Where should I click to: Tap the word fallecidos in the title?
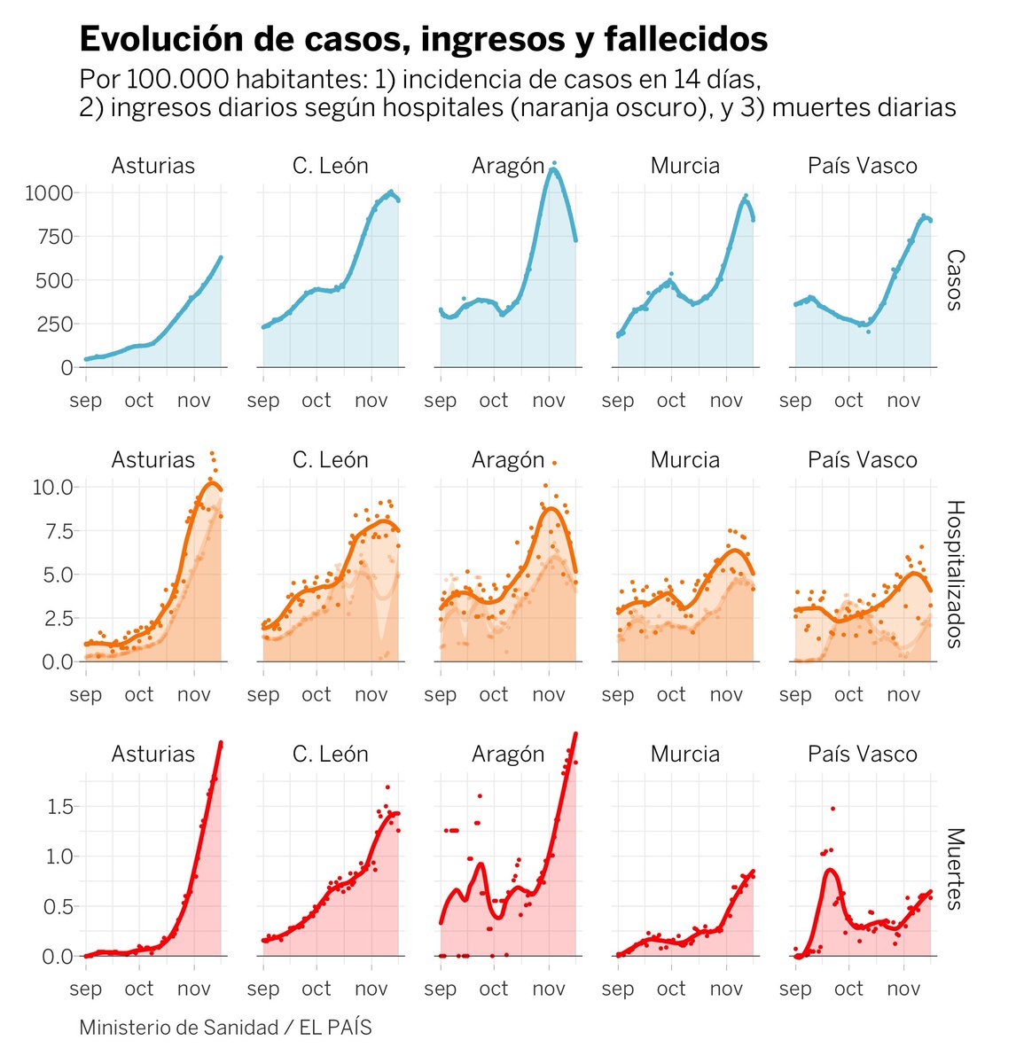[685, 39]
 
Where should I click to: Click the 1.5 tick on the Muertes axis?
[59, 807]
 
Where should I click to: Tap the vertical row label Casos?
[954, 280]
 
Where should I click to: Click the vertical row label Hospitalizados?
[954, 574]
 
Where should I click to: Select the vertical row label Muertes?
[954, 869]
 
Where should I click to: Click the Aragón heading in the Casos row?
[508, 166]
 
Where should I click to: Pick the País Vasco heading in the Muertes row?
[862, 754]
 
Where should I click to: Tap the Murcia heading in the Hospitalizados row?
[684, 459]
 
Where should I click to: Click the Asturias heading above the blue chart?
[152, 166]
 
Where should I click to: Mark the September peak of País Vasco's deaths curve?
[831, 871]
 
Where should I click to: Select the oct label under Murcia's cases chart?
[671, 400]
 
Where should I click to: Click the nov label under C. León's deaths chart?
[371, 989]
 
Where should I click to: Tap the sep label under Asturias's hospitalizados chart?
[86, 694]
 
